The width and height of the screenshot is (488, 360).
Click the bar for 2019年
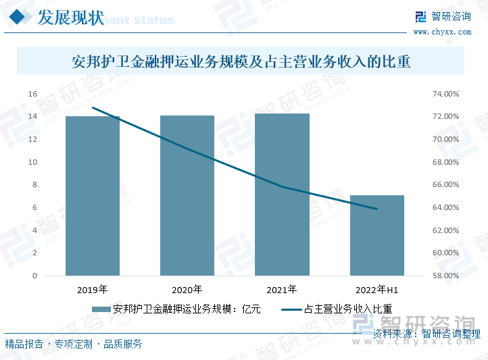[x=93, y=196]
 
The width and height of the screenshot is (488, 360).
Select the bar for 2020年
[x=187, y=196]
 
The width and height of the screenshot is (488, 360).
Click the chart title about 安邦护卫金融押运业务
[x=241, y=63]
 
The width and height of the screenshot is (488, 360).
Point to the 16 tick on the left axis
[x=32, y=94]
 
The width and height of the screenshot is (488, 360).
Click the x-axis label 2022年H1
[x=376, y=290]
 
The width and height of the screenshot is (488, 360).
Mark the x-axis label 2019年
[x=93, y=290]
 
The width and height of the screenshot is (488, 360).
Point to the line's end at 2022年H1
[x=376, y=209]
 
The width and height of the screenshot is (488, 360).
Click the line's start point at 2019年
[x=93, y=108]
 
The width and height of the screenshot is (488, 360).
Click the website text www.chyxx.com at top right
[x=442, y=32]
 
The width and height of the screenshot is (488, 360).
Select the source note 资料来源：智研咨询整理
[x=426, y=334]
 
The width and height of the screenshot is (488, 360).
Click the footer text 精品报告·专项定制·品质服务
[x=74, y=344]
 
